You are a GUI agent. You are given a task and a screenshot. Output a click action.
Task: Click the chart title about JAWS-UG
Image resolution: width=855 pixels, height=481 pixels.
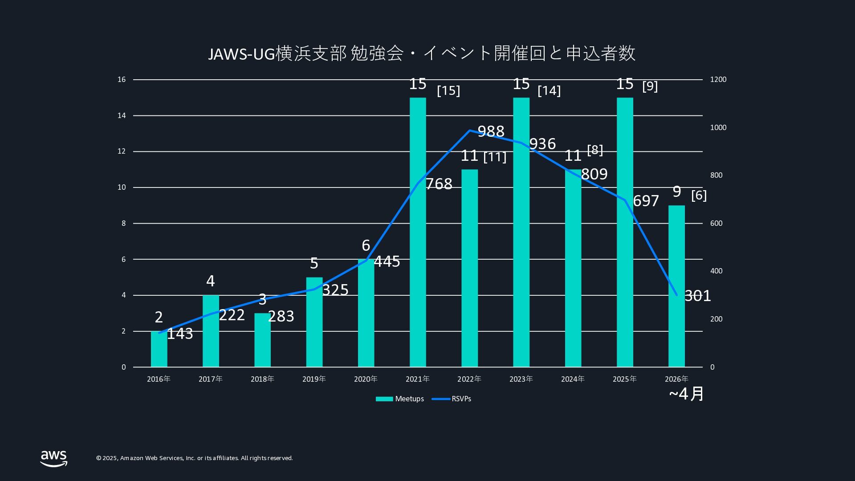click(x=421, y=53)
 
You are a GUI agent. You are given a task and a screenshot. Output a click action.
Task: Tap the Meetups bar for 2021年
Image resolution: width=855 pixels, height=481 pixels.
click(x=418, y=232)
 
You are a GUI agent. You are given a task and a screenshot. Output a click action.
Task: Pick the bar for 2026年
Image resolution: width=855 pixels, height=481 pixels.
click(x=676, y=285)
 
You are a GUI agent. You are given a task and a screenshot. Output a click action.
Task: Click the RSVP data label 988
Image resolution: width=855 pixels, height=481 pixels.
click(x=491, y=131)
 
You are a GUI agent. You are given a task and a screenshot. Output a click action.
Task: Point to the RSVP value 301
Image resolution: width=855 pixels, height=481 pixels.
click(x=697, y=296)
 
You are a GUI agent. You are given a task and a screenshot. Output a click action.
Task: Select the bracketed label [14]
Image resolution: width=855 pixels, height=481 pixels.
click(x=549, y=90)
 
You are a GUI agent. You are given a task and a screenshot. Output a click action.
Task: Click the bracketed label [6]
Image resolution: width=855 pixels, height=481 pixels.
click(x=699, y=195)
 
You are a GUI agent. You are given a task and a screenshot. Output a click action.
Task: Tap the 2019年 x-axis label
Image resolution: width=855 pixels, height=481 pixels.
click(x=314, y=379)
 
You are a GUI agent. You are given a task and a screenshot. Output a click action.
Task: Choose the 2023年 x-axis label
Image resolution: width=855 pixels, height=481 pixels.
click(x=521, y=379)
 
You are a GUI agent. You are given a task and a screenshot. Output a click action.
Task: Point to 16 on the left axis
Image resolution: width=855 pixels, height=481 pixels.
click(x=122, y=80)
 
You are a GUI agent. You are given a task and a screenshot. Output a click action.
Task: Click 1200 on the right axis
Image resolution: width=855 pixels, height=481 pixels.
click(x=718, y=80)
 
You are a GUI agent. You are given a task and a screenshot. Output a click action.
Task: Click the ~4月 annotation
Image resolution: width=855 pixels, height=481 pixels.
click(x=686, y=394)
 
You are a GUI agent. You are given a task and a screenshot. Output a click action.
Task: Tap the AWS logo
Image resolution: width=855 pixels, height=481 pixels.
click(x=54, y=458)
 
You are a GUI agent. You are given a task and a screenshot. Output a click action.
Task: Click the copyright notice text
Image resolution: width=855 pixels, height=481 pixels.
click(x=195, y=458)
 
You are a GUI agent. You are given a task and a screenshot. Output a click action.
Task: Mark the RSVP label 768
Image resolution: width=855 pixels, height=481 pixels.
click(x=439, y=184)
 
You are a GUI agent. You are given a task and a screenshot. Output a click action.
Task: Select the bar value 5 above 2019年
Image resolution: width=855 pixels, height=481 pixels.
click(x=314, y=263)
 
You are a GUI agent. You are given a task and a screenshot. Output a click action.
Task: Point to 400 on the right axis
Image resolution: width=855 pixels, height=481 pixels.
click(x=716, y=271)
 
